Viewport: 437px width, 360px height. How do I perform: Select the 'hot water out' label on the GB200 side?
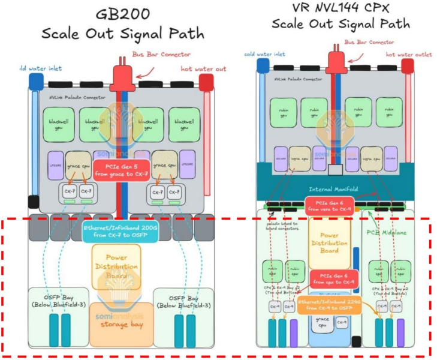(203, 69)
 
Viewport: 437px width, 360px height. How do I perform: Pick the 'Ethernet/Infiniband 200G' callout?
(120, 230)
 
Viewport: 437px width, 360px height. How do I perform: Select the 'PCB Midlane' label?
(383, 229)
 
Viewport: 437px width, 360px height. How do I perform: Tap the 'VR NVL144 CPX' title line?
(340, 9)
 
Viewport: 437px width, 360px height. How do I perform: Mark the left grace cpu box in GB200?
(79, 164)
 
